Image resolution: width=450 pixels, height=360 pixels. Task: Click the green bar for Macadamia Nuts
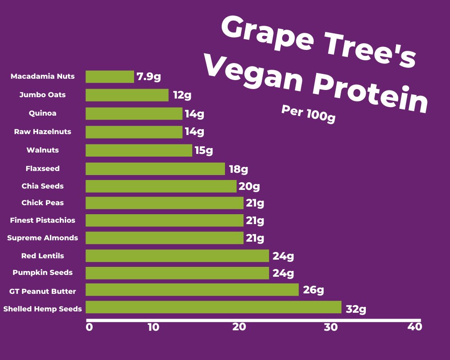click(x=110, y=76)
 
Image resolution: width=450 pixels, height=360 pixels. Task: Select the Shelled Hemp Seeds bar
click(x=213, y=307)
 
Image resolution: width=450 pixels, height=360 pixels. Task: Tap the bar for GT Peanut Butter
click(x=192, y=290)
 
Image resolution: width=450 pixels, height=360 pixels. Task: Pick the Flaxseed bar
click(x=155, y=169)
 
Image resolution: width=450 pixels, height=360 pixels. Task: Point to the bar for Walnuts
click(x=139, y=150)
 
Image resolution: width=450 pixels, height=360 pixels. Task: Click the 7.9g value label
click(x=149, y=76)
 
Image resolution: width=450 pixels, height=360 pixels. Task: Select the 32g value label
click(x=356, y=309)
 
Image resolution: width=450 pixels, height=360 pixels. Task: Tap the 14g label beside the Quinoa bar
click(x=194, y=114)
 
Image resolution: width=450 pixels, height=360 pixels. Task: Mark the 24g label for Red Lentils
click(x=283, y=256)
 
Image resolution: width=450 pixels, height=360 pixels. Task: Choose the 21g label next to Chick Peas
click(x=255, y=203)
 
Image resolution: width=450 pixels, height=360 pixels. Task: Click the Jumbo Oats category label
click(x=42, y=95)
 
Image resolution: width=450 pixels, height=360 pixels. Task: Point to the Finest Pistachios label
click(x=43, y=220)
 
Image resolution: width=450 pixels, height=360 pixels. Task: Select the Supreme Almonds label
click(x=42, y=238)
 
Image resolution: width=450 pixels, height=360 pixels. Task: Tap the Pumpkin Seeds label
click(x=42, y=272)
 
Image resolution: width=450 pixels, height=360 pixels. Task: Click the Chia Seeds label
click(x=42, y=186)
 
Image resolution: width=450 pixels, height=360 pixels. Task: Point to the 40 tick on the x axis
click(x=414, y=327)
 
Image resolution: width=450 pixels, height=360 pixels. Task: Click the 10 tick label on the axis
click(x=153, y=327)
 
